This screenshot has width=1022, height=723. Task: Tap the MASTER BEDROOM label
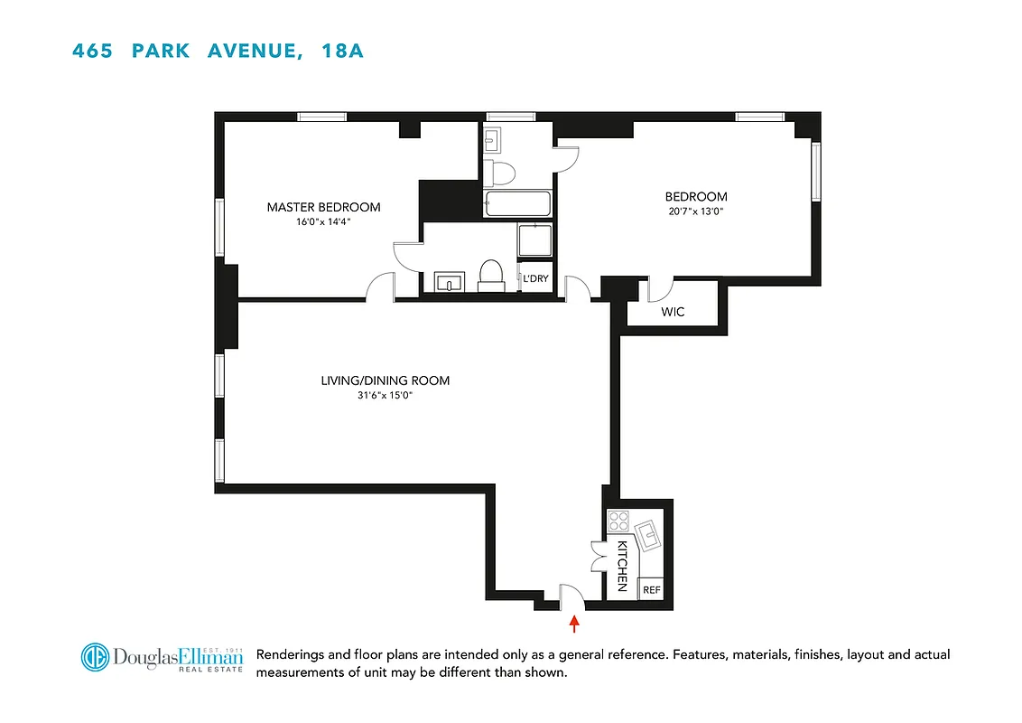click(323, 207)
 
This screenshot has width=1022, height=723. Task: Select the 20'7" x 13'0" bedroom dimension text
click(695, 211)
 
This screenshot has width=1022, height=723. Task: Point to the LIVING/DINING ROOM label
click(385, 380)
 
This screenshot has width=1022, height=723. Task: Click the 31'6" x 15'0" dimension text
click(385, 395)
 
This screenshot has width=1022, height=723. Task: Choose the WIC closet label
click(673, 312)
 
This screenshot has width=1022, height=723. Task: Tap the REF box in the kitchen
click(651, 589)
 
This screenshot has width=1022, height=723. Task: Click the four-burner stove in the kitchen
click(618, 521)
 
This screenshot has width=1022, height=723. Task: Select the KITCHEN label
click(622, 566)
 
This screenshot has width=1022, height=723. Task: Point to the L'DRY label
click(535, 278)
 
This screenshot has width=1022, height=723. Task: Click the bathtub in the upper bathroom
click(516, 204)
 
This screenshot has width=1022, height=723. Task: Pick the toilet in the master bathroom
click(491, 275)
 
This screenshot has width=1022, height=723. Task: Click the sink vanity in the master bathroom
click(448, 282)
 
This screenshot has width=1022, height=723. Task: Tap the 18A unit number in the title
click(342, 51)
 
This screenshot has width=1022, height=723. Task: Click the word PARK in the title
click(161, 51)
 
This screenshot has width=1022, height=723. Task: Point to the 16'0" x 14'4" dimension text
click(323, 221)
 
